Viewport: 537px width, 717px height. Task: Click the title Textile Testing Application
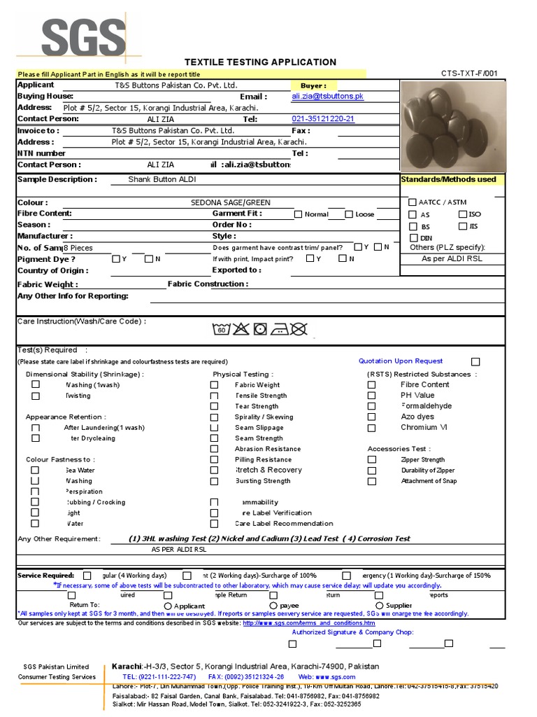260,62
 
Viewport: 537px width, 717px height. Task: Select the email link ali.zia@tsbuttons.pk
328,97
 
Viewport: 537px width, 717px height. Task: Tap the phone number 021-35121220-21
323,119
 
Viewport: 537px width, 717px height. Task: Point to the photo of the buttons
451,126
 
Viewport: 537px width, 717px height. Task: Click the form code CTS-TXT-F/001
469,73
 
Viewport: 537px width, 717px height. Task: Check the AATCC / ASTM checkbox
413,202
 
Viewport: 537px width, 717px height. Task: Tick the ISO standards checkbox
463,214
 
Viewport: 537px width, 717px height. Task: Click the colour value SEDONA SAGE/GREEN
231,202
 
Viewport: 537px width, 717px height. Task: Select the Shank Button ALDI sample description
162,179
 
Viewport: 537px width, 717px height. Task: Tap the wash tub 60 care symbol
221,329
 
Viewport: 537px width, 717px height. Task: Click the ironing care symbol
279,329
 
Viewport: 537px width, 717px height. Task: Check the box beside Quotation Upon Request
475,362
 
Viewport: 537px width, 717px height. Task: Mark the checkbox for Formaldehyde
372,406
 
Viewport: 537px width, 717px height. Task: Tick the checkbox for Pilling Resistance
214,460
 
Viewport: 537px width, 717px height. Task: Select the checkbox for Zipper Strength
372,460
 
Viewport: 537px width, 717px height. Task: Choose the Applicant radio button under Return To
168,606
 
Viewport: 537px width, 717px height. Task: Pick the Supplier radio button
380,606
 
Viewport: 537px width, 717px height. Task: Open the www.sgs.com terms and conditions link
308,623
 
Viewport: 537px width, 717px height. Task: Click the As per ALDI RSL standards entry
452,259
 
